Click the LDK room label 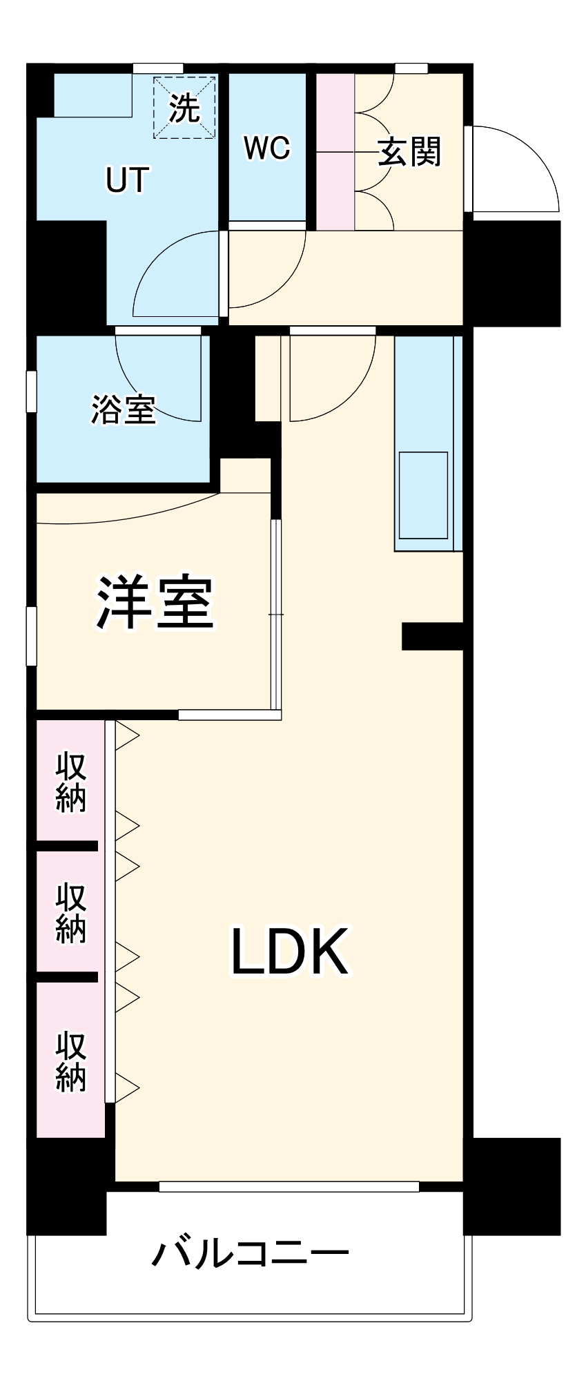pos(289,952)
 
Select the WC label pos(267,148)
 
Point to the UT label pos(127,180)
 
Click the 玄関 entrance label pos(409,152)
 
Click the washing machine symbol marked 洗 pos(184,107)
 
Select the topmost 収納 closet pos(70,782)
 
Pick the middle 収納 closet pos(70,913)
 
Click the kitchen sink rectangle pos(423,495)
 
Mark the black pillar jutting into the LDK pos(432,636)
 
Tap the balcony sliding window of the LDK pos(289,1186)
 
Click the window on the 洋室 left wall pos(31,636)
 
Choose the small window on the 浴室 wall pos(31,392)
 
